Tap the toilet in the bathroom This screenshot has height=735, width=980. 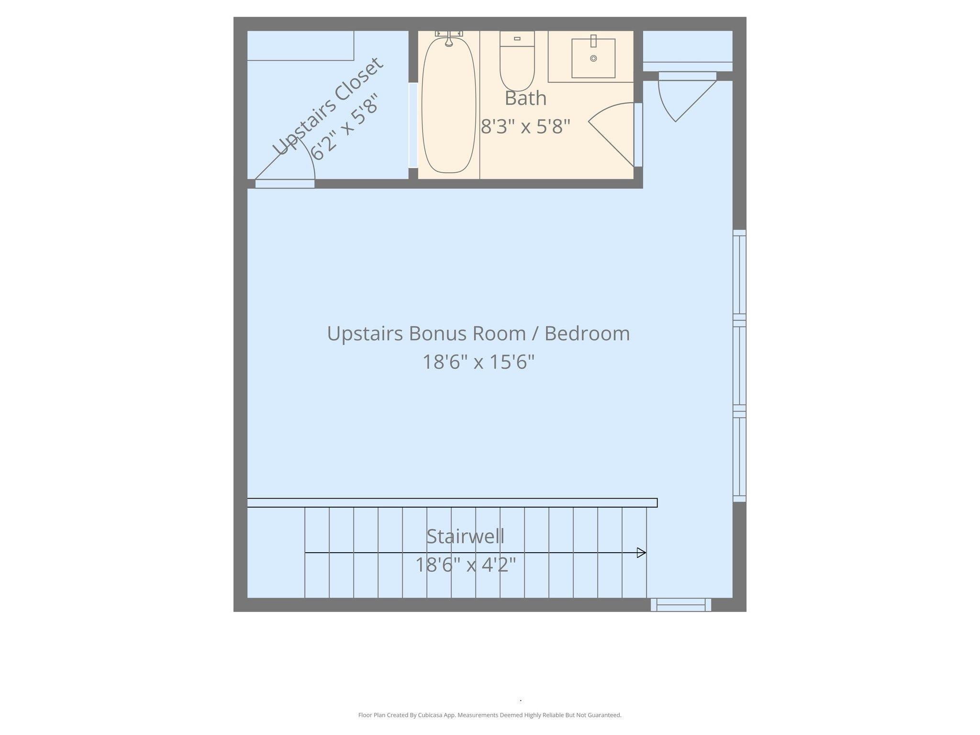[x=517, y=62]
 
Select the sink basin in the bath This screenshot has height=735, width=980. [x=593, y=59]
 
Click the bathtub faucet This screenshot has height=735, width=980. [x=449, y=38]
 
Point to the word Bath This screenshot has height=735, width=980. [x=525, y=99]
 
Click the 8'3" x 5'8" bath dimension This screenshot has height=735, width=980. [x=525, y=127]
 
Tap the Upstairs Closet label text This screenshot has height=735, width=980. [x=328, y=106]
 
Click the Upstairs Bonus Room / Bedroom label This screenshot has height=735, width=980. [x=478, y=334]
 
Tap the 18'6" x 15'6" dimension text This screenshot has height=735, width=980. [x=478, y=362]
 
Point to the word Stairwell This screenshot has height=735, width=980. [x=465, y=536]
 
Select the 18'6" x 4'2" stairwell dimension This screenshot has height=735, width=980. [x=465, y=565]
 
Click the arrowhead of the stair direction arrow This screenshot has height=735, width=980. [x=641, y=553]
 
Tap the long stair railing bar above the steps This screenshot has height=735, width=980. [x=452, y=502]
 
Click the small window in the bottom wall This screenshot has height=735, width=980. [x=680, y=605]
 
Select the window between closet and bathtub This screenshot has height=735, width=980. [x=413, y=125]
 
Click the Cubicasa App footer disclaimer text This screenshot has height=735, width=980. [x=490, y=715]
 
